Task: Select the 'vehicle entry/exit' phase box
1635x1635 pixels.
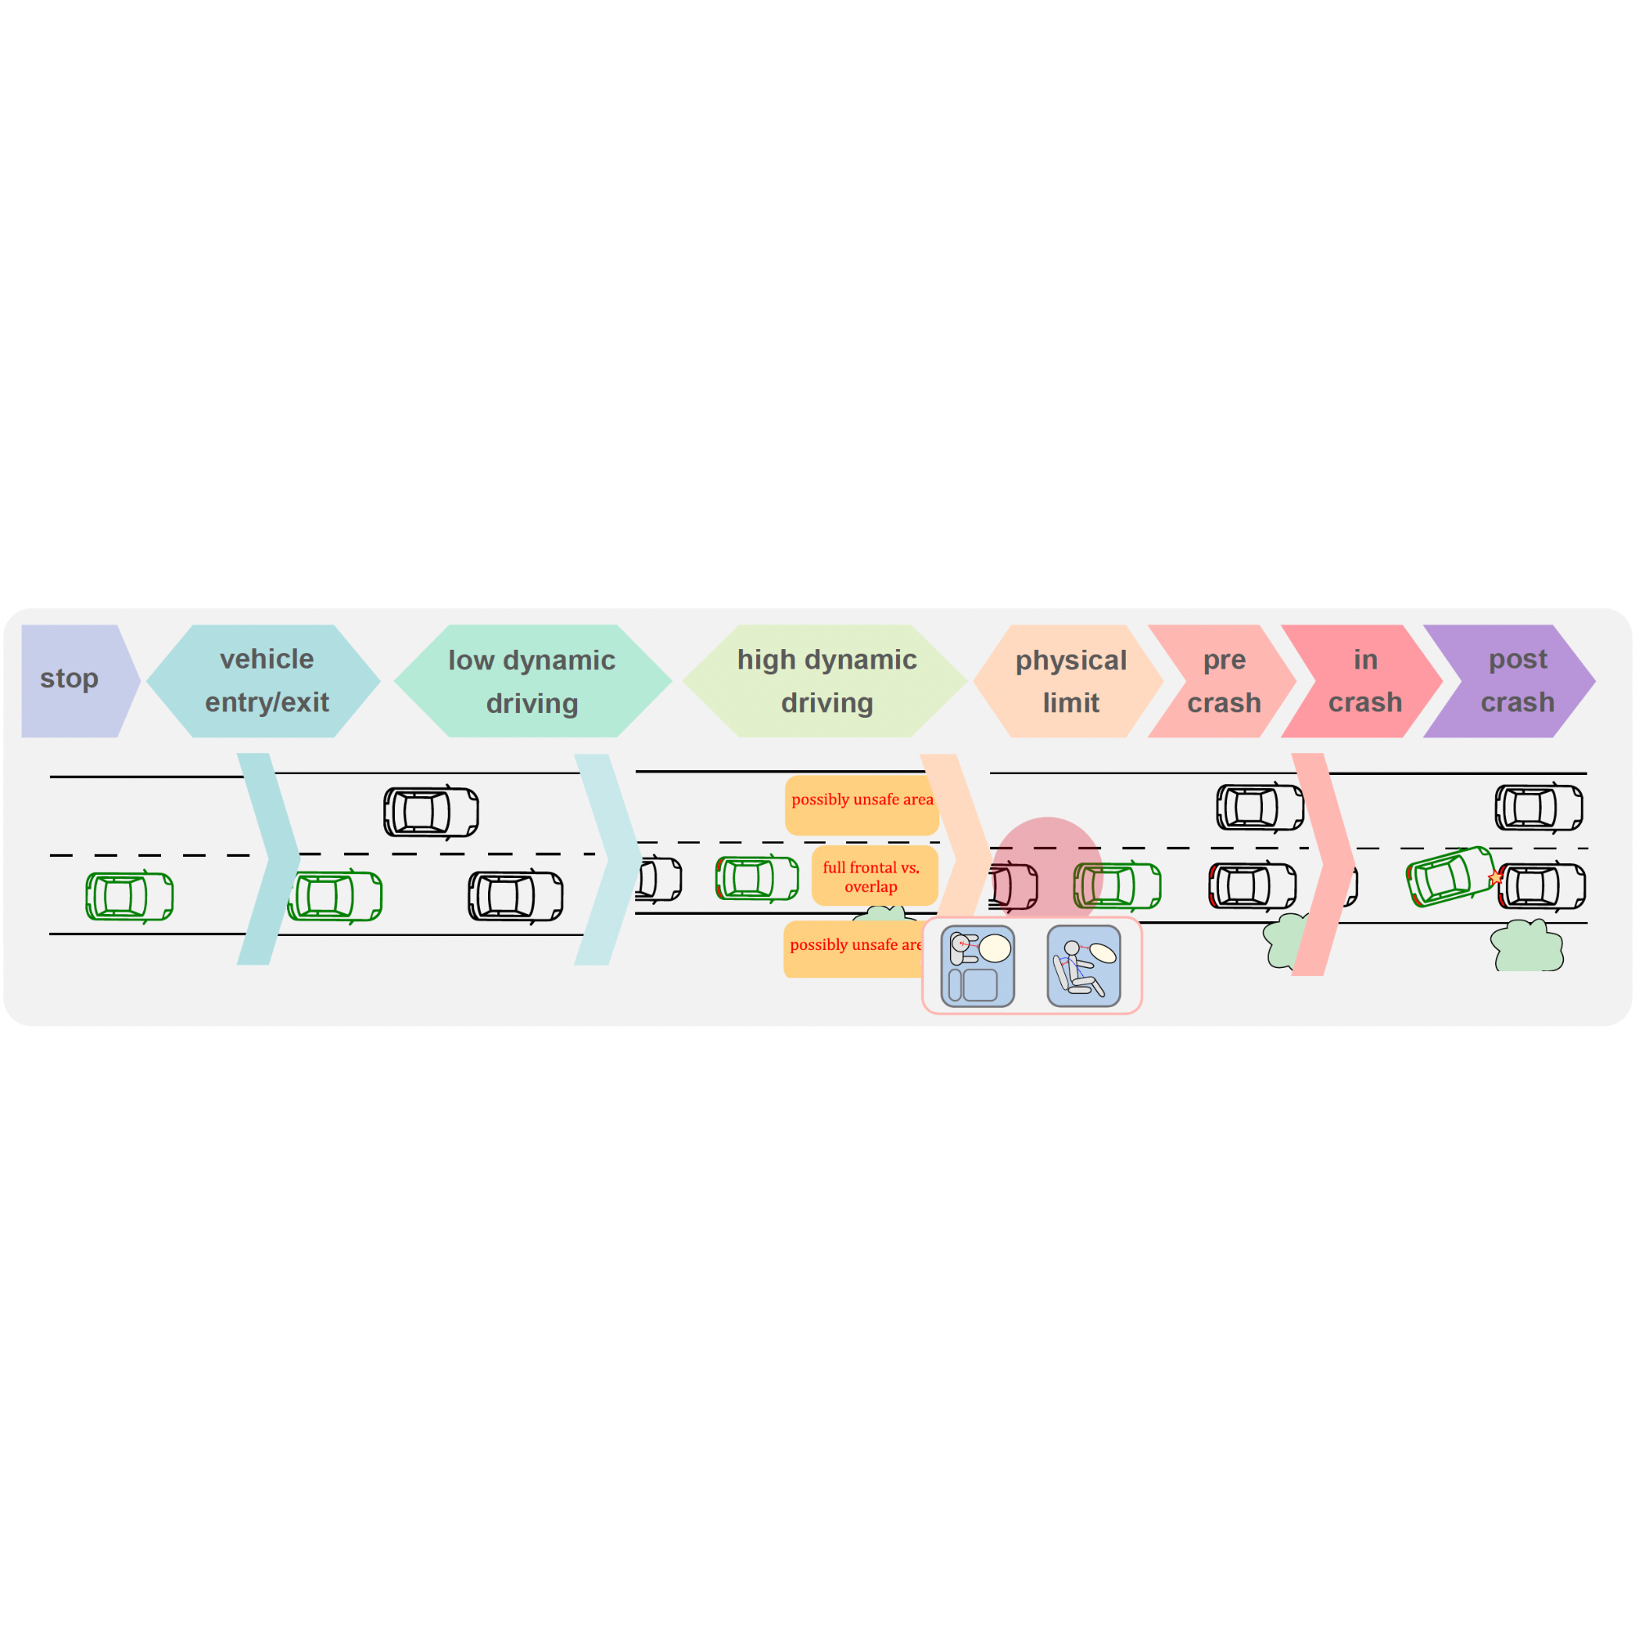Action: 263,680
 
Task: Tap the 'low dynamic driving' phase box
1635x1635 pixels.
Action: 532,680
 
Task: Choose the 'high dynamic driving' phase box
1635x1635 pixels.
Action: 825,680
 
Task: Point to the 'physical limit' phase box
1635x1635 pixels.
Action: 1068,680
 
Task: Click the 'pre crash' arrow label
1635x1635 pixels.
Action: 1222,680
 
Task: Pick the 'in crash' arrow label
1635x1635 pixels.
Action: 1362,680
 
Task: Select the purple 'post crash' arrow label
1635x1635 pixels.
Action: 1510,680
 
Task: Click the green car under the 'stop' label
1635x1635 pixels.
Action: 129,896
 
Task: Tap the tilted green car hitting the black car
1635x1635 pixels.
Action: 1450,876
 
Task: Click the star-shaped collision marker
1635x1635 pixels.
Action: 1496,877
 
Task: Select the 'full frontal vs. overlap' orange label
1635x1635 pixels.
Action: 874,876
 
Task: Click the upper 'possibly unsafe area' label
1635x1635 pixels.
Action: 862,804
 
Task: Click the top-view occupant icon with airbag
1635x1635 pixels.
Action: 978,966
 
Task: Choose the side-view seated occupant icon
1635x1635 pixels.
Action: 1084,966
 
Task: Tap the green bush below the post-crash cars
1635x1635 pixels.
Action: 1526,945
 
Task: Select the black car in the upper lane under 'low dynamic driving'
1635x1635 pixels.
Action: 432,813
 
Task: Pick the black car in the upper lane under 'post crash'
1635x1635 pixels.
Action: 1539,808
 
